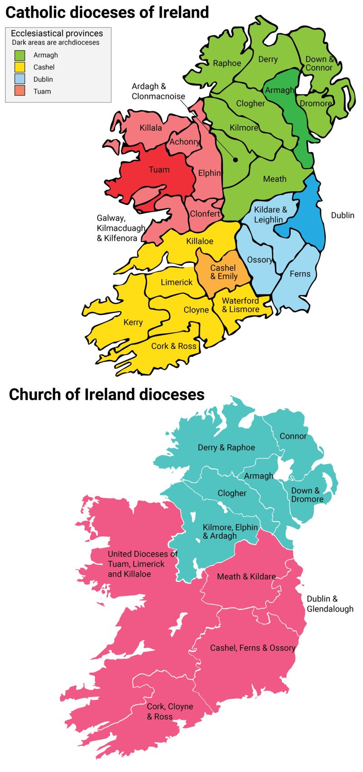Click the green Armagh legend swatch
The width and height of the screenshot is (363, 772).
[x=20, y=55]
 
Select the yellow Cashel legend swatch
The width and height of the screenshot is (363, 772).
[x=20, y=68]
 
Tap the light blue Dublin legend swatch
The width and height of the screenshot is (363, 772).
[x=20, y=79]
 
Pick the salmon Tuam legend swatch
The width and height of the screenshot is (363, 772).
[x=20, y=92]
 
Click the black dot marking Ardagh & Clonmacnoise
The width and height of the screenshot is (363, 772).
[x=235, y=160]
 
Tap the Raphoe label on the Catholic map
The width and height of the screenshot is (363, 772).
[x=227, y=63]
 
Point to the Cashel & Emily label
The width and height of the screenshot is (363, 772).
[x=224, y=272]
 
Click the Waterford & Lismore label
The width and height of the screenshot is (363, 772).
[x=240, y=305]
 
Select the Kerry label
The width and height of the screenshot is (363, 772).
[x=133, y=322]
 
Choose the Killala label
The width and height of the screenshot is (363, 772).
[x=151, y=128]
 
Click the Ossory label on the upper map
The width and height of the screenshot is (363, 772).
[x=260, y=260]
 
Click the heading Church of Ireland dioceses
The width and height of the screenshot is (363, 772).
[x=107, y=394]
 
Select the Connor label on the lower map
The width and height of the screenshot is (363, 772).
[x=293, y=436]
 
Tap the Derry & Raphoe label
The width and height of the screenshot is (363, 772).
[x=226, y=447]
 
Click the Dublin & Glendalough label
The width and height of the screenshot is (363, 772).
[x=330, y=604]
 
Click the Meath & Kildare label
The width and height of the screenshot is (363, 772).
[x=246, y=577]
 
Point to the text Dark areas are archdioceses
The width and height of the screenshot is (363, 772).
[x=55, y=43]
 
